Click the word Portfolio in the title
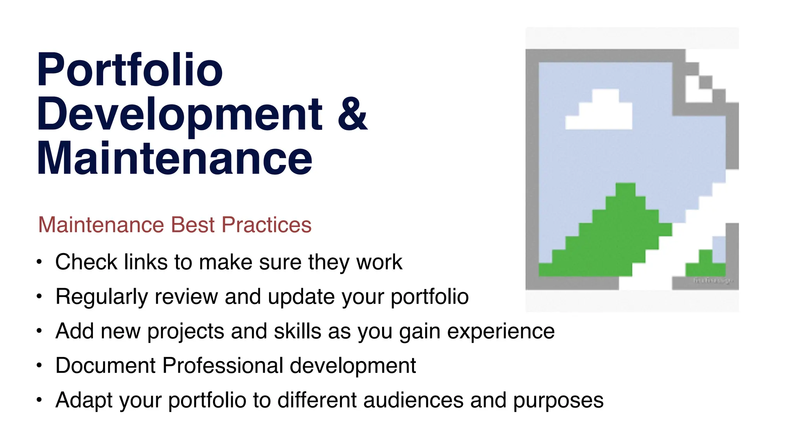(129, 70)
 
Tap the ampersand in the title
(352, 114)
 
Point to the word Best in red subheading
(193, 225)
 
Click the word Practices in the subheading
(267, 225)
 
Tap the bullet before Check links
(39, 262)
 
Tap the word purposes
(558, 400)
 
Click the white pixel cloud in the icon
(600, 113)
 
